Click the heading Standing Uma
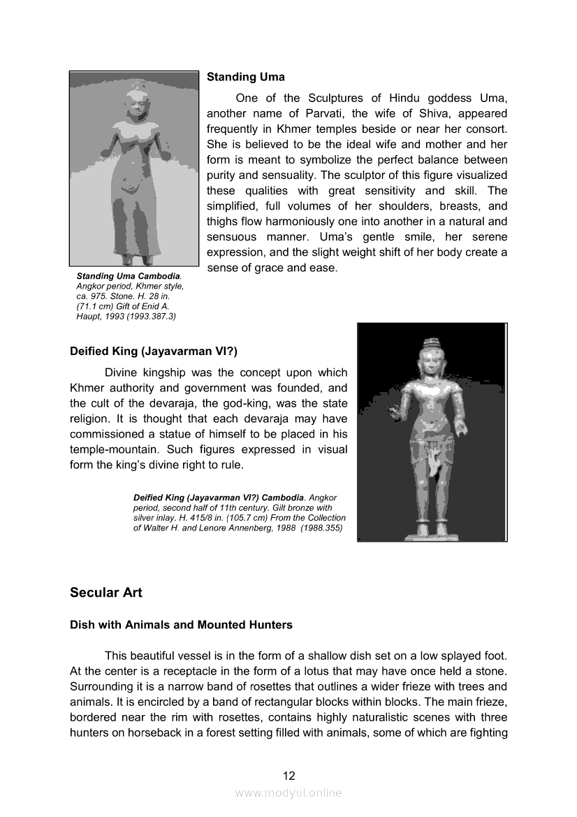pyautogui.click(x=245, y=77)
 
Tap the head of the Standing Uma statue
pyautogui.click(x=133, y=105)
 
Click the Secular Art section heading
pyautogui.click(x=105, y=593)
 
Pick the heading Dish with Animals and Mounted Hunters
pyautogui.click(x=181, y=625)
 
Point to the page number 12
pyautogui.click(x=288, y=775)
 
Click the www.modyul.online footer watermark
pyautogui.click(x=288, y=793)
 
